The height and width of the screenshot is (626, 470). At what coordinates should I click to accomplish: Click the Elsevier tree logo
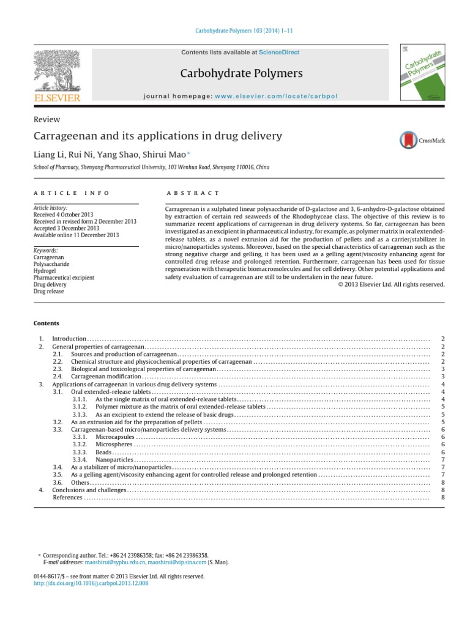(x=57, y=70)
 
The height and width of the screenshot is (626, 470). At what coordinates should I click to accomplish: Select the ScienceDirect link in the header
(x=279, y=53)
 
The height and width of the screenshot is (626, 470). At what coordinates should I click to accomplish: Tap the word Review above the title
(x=47, y=120)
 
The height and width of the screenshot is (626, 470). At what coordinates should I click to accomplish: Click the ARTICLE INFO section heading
(x=72, y=193)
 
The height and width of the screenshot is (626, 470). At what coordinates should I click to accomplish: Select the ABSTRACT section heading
(x=193, y=193)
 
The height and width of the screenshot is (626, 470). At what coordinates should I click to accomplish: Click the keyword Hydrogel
(x=44, y=270)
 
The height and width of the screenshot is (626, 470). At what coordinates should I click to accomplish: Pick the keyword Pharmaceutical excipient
(x=64, y=278)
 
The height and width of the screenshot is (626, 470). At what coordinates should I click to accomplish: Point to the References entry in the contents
(x=68, y=498)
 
